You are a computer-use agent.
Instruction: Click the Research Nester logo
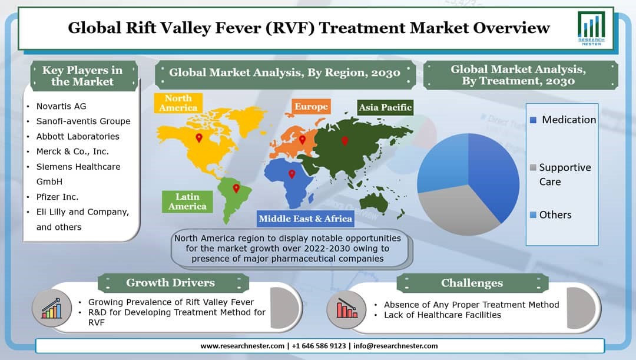point(591,28)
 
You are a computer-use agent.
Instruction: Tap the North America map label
point(178,103)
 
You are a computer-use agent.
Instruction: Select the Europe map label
point(311,107)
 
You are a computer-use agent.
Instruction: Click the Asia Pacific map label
point(385,108)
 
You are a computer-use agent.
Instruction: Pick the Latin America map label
point(187,202)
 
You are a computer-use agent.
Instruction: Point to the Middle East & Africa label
point(306,219)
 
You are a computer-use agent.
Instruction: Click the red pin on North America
point(199,138)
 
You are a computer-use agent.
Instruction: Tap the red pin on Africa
point(291,174)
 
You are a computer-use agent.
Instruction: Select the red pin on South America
point(236,189)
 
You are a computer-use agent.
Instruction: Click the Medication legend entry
point(563,120)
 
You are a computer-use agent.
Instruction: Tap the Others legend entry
point(551,214)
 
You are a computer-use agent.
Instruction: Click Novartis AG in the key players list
point(61,106)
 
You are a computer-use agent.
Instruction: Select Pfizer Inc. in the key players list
point(57,197)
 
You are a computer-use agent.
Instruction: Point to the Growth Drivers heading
point(170,282)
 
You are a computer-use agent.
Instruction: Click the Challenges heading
point(472,283)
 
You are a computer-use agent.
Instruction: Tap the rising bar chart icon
point(51,309)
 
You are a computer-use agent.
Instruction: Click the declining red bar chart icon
point(346,309)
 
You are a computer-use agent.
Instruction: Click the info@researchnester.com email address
point(396,346)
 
